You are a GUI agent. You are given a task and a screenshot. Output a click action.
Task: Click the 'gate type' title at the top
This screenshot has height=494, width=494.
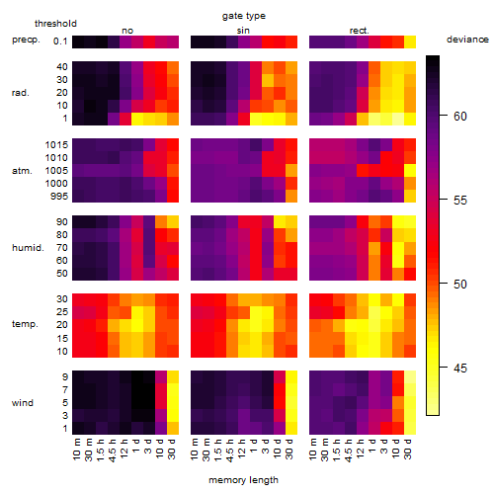[x=244, y=16]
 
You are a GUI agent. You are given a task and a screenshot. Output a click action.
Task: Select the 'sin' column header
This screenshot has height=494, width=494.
[x=243, y=31]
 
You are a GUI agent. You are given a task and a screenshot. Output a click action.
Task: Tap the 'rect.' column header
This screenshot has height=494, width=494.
[x=359, y=31]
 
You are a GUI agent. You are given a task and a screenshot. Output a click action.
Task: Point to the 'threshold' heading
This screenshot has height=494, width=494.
[x=55, y=24]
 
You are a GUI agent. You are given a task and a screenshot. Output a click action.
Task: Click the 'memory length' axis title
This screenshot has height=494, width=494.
[x=243, y=480]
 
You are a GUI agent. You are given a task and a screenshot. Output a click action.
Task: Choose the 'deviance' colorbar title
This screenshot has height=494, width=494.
[x=467, y=40]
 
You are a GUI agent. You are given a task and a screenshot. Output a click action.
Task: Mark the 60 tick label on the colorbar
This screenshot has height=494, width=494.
[x=459, y=116]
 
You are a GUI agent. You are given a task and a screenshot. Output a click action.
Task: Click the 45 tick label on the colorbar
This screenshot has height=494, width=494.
[x=459, y=368]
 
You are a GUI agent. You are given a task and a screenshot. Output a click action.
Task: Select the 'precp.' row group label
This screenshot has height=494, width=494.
[x=26, y=41]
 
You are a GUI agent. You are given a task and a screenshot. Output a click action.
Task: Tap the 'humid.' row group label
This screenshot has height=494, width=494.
[x=28, y=248]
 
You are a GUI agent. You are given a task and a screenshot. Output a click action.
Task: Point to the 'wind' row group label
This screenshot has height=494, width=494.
[x=23, y=403]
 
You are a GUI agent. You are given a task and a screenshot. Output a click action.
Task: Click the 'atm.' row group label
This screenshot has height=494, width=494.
[x=22, y=171]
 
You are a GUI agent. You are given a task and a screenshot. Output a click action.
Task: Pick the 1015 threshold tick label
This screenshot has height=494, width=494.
[x=56, y=145]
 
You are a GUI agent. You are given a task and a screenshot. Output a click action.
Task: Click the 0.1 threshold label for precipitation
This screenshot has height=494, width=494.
[x=60, y=41]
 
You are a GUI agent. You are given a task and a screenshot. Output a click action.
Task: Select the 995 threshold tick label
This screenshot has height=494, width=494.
[x=59, y=197]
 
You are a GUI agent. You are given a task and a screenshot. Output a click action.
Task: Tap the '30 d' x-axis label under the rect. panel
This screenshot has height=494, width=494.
[x=408, y=449]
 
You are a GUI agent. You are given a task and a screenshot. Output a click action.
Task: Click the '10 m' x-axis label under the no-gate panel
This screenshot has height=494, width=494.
[x=76, y=449]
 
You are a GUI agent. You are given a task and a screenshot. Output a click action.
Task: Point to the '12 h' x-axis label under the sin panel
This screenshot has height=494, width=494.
[x=242, y=449]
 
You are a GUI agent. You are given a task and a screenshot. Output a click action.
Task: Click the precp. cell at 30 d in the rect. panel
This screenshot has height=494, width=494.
[x=410, y=42]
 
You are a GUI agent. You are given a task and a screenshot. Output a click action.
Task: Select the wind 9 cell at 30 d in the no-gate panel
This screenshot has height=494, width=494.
[x=173, y=377]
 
